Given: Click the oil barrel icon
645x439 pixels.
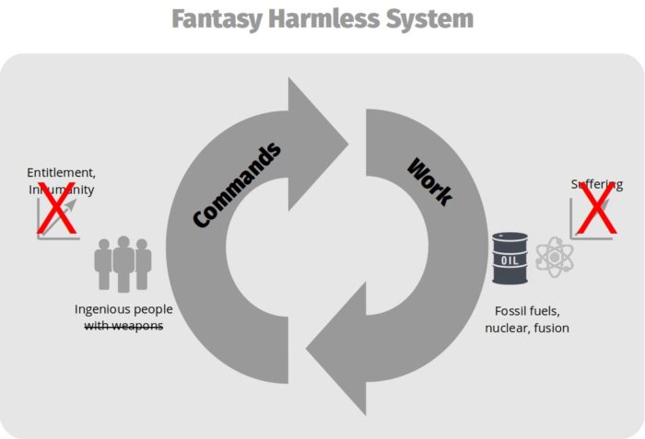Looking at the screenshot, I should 510,257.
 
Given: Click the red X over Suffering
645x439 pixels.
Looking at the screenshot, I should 594,208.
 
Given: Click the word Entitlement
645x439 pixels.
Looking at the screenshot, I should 61,172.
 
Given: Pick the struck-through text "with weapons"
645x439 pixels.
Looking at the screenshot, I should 123,325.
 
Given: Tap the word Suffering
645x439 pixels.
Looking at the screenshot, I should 596,184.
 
